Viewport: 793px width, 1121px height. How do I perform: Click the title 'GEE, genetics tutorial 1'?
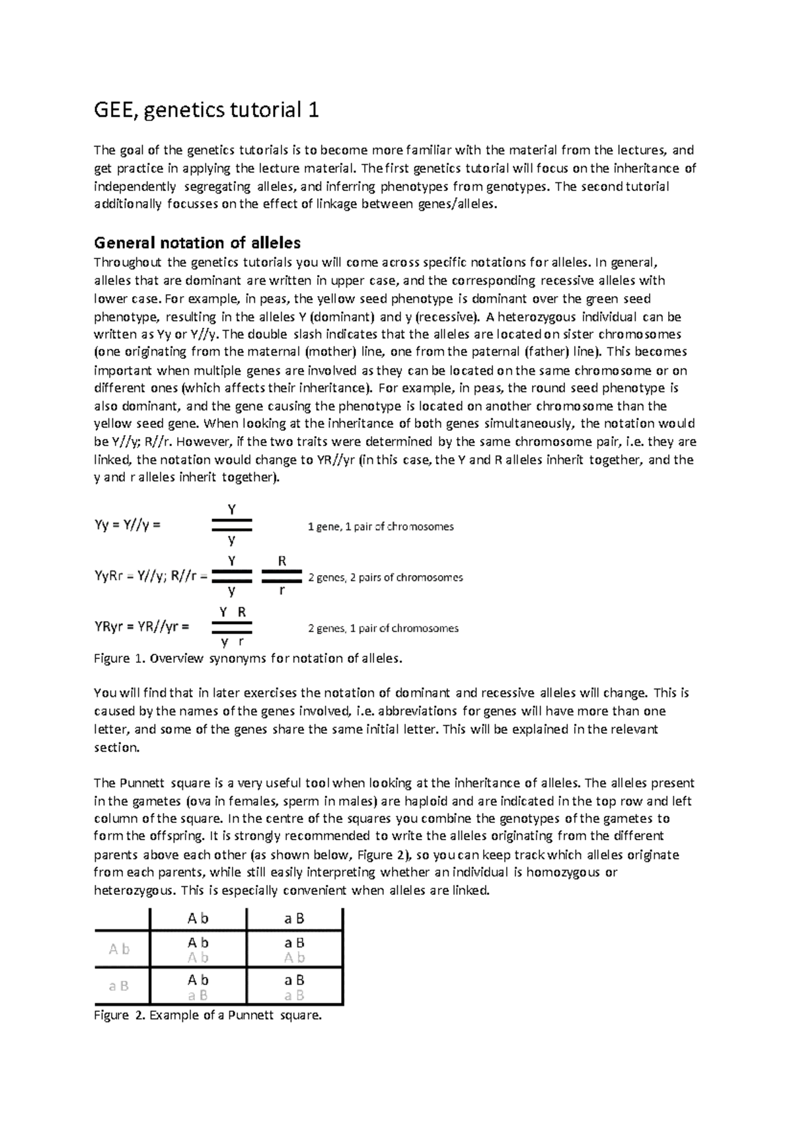coord(207,110)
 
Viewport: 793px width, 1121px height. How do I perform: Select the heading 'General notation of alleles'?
coord(198,243)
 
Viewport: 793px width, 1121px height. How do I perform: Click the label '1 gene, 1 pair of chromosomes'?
coord(381,527)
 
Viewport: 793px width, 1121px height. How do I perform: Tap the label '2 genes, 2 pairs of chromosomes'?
coord(385,578)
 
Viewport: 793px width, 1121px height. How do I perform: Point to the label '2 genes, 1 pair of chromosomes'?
coord(383,629)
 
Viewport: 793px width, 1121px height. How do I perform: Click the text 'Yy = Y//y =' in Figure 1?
coord(128,526)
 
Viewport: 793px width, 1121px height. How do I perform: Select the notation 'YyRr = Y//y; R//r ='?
coord(151,576)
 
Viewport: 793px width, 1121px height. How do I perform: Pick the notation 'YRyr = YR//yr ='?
coord(142,627)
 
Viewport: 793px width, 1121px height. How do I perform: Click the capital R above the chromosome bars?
coord(282,561)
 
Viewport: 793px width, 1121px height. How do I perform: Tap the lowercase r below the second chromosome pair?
coord(282,590)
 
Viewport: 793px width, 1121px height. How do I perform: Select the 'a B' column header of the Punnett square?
coord(294,918)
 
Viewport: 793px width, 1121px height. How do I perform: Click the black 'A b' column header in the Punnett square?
coord(198,918)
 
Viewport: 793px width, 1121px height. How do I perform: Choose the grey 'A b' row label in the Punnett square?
coord(119,949)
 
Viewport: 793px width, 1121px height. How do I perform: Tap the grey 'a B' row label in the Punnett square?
coord(119,986)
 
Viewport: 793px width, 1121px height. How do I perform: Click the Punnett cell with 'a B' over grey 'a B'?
coord(294,987)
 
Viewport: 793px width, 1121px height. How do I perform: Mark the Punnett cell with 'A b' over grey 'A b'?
coord(198,950)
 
